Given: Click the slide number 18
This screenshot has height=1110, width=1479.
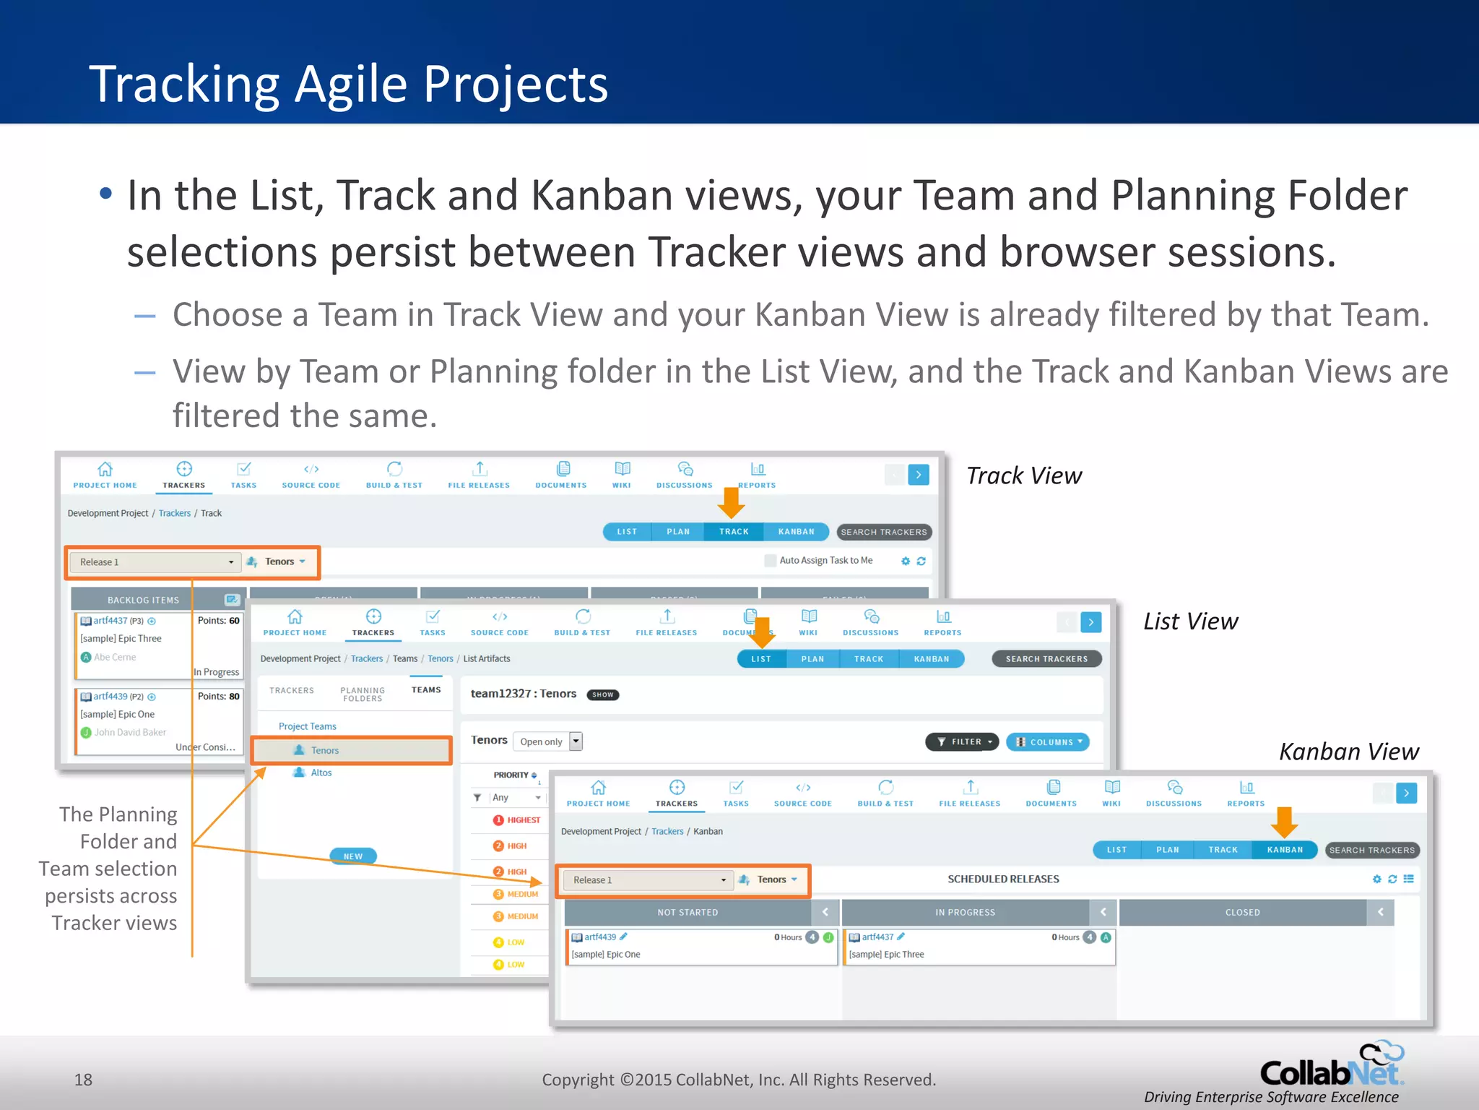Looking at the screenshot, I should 83,1080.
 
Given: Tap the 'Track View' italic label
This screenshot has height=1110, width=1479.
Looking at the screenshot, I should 1023,476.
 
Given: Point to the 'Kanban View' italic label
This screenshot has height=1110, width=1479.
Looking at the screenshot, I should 1348,752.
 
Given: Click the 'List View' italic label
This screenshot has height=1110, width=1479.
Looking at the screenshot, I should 1190,621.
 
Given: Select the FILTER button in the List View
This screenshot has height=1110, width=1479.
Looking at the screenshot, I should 962,741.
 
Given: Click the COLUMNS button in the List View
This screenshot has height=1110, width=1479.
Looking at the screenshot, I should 1047,741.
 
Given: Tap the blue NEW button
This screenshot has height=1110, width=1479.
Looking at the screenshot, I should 353,856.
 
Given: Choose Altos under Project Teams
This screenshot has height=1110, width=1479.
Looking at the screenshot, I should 321,773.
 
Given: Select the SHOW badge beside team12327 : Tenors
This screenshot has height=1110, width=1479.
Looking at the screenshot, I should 602,694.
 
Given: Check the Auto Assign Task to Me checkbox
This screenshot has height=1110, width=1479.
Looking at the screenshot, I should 771,561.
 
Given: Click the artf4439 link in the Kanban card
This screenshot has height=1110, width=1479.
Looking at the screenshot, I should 600,937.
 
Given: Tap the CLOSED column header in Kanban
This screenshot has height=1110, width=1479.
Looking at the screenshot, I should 1242,913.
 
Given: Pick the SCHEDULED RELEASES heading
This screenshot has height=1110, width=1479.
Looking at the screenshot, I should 1003,879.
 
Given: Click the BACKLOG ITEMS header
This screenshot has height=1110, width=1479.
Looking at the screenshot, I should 143,600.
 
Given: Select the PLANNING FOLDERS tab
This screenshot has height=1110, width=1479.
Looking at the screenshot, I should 363,694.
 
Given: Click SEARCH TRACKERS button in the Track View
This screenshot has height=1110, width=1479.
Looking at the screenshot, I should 883,532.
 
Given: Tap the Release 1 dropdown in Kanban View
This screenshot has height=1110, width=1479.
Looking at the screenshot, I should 648,880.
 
